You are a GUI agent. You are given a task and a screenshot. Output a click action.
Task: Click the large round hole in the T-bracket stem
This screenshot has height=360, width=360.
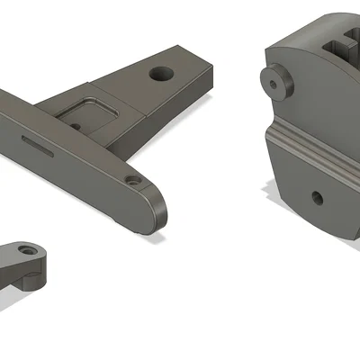pos(162,72)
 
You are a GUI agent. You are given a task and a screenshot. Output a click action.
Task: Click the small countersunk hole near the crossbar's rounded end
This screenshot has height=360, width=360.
pos(134,180)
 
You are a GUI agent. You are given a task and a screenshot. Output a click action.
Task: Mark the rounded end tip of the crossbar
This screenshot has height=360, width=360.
pos(162,211)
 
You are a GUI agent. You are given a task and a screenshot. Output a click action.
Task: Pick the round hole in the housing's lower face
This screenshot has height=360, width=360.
pos(316,197)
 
